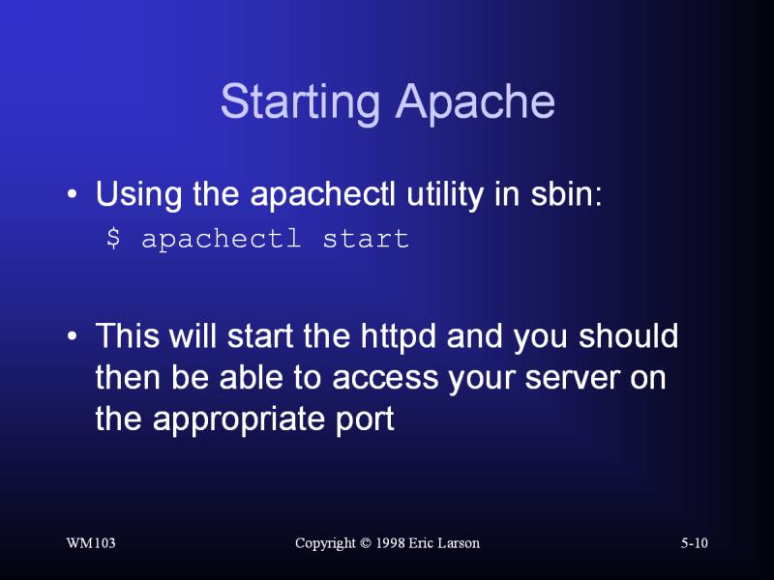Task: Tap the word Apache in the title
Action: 475,103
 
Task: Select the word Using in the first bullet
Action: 138,195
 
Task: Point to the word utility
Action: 445,195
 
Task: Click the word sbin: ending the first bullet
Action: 566,194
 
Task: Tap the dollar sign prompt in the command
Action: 113,238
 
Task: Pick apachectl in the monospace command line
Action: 221,239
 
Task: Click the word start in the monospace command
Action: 366,239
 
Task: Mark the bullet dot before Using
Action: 72,194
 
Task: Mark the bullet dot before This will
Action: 72,335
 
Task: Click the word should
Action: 628,335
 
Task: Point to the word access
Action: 385,379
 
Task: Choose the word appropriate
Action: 238,420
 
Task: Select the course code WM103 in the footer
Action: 91,543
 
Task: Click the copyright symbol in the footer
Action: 366,543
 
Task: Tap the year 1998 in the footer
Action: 391,543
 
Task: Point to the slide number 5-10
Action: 695,543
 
